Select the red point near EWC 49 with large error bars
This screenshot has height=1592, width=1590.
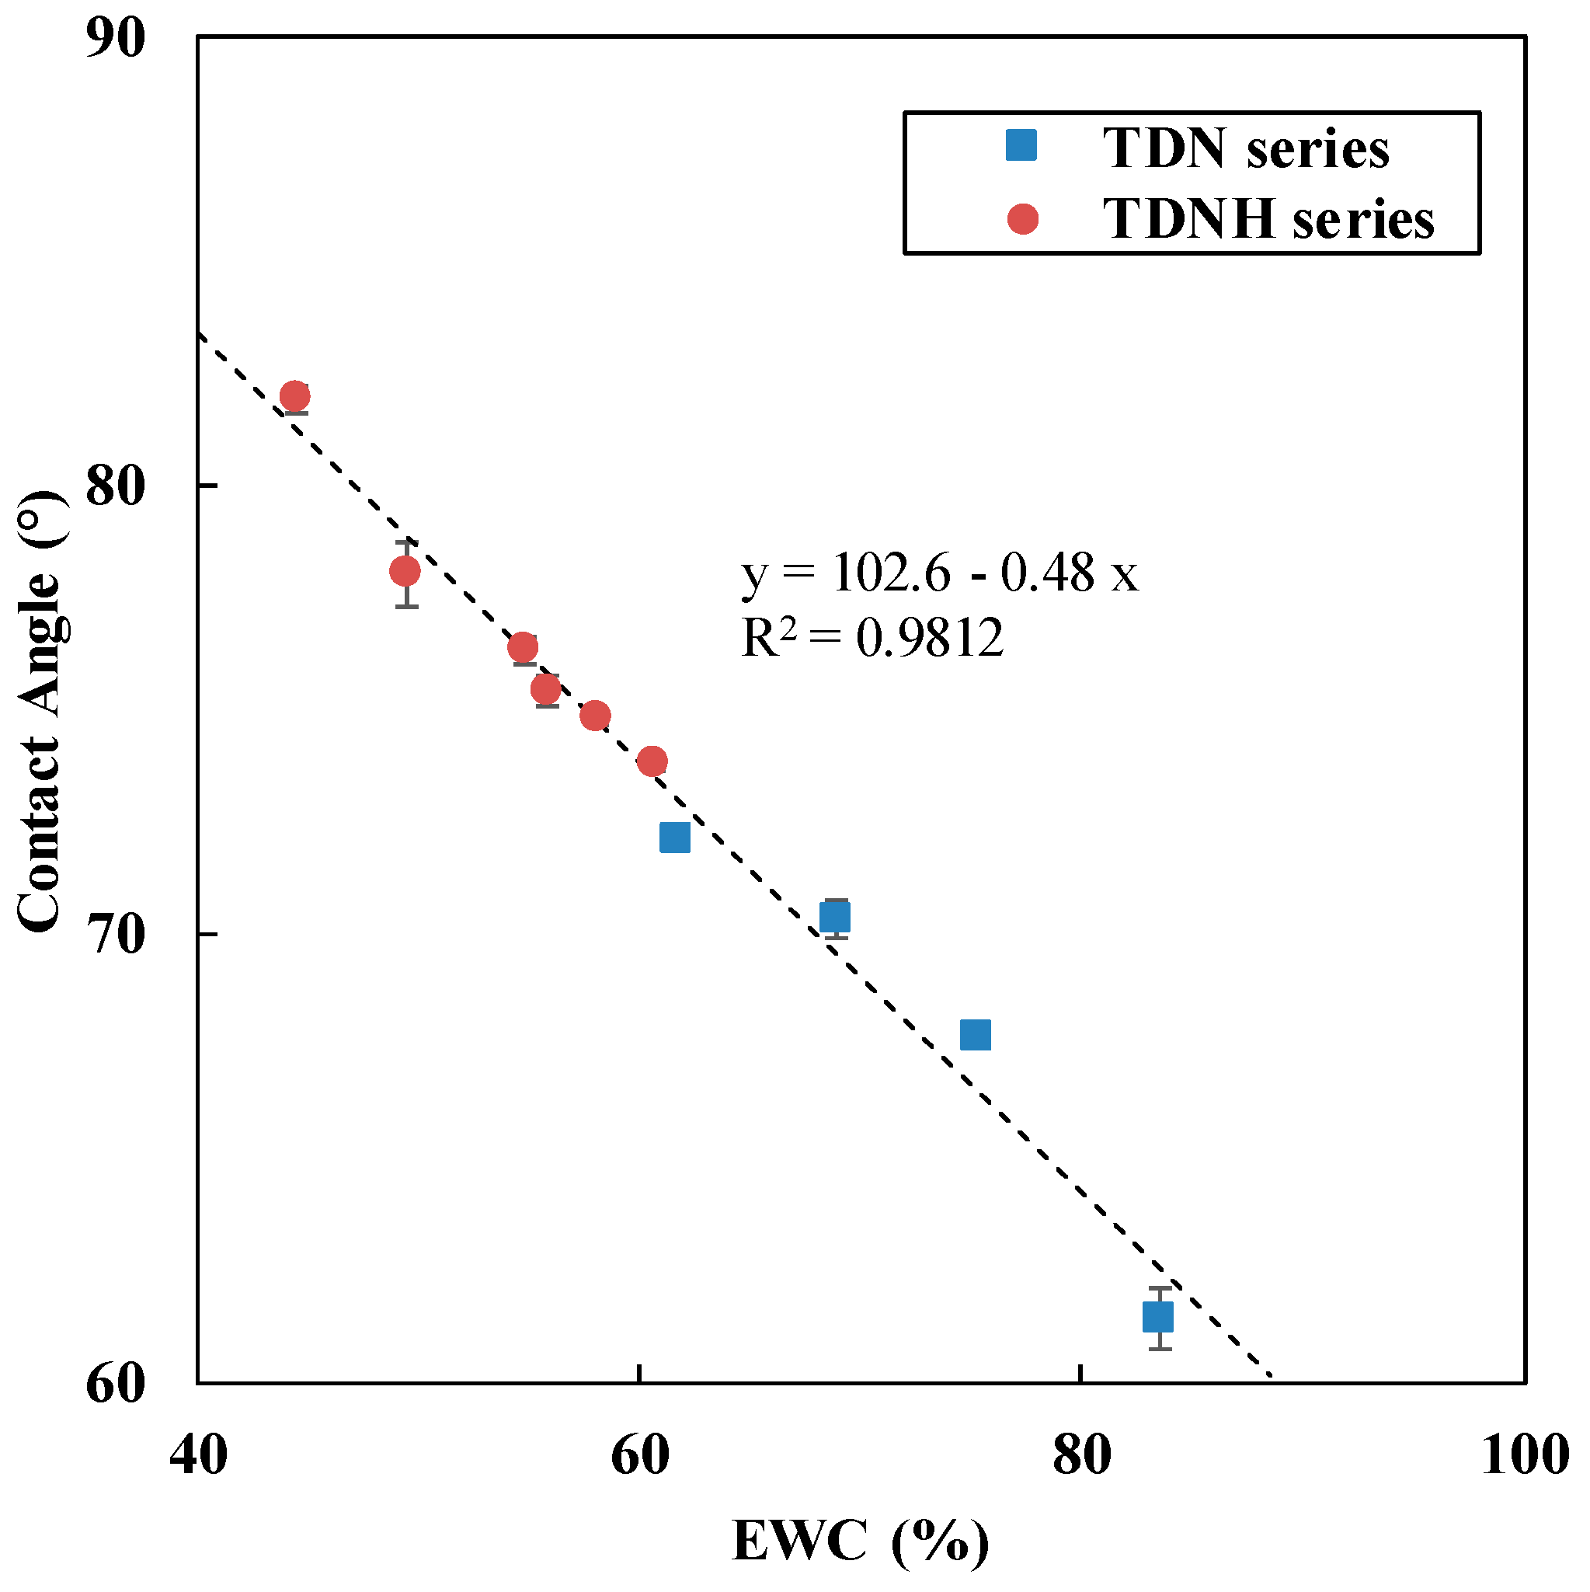click(x=405, y=571)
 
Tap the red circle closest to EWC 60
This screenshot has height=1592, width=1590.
click(x=652, y=761)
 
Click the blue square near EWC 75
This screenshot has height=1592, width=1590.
click(x=976, y=1035)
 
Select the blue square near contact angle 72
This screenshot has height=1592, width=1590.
click(x=676, y=838)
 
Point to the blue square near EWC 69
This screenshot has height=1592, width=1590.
click(x=835, y=917)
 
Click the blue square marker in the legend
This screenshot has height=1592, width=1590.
click(x=1022, y=146)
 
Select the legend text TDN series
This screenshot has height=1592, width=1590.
click(x=1247, y=149)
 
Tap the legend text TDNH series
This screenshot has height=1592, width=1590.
click(x=1268, y=220)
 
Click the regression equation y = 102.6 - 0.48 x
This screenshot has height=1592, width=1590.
click(x=940, y=573)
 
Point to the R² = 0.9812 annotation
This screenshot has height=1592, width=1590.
click(x=872, y=637)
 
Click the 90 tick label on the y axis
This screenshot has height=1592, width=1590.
click(x=115, y=38)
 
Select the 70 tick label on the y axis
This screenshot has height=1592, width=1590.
click(x=115, y=935)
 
